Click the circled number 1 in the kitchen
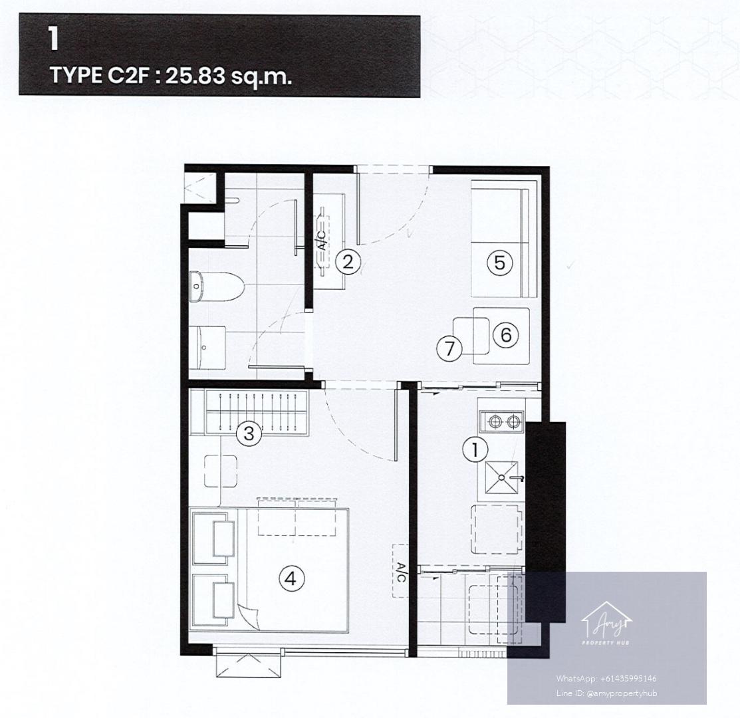(475, 449)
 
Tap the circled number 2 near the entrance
(348, 261)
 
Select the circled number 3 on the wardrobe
(249, 433)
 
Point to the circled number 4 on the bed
(291, 578)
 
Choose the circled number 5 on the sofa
(500, 262)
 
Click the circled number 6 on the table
(506, 334)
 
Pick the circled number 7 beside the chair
(449, 348)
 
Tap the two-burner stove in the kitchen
(501, 421)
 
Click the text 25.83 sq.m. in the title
(229, 76)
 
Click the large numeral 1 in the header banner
(53, 40)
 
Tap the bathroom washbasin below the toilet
(207, 348)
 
